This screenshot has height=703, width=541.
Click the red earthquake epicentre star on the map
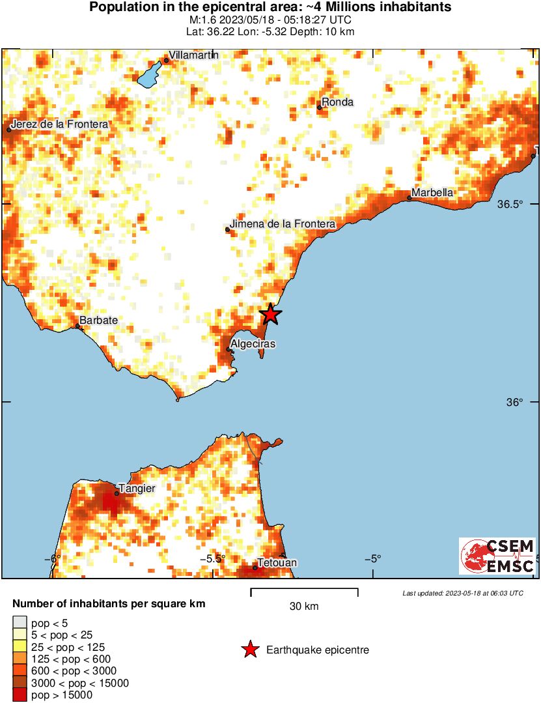[x=270, y=315]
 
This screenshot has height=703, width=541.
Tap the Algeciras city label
[x=253, y=343]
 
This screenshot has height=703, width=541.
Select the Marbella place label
[x=432, y=192]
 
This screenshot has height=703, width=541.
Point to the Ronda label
[x=338, y=102]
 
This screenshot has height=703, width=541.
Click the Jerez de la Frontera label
[x=59, y=124]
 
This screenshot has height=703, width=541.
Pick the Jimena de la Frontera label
[x=283, y=223]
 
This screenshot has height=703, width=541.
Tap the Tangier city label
[x=137, y=487]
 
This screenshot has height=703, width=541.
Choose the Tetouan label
[x=277, y=562]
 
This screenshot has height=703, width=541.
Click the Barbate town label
[x=99, y=321]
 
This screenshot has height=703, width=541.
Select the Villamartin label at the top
[x=193, y=55]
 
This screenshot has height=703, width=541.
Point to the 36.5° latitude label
[x=510, y=204]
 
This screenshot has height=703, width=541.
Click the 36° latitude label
[x=514, y=403]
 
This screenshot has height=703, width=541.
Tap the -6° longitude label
[x=52, y=558]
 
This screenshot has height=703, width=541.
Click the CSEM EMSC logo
[x=497, y=556]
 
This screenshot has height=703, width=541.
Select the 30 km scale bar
[x=304, y=593]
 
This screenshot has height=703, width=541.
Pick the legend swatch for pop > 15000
[x=20, y=695]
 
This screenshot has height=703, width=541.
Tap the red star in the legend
[x=249, y=650]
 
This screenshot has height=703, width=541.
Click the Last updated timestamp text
[x=462, y=593]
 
